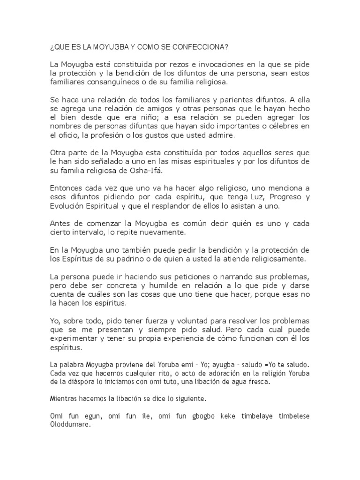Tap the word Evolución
71,207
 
